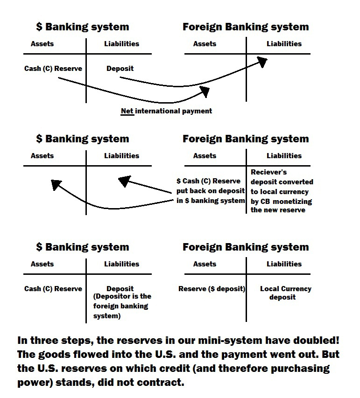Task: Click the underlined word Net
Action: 127,111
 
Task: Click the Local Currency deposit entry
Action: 285,293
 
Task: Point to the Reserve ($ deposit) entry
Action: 212,289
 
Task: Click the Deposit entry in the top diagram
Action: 120,69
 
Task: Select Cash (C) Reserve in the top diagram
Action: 53,69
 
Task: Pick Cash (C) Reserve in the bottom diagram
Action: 53,289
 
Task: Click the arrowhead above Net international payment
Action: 205,91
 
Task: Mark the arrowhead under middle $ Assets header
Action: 56,185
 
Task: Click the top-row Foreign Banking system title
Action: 246,27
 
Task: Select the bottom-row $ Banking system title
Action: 82,247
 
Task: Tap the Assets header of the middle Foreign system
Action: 205,156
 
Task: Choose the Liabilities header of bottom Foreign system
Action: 284,264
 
